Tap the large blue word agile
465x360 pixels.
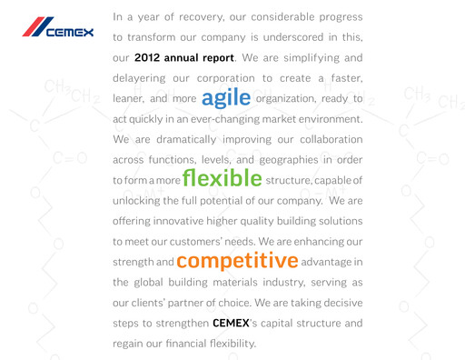226,96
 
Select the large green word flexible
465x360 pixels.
223,176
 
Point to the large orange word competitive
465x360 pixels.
237,260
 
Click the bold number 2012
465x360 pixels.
150,57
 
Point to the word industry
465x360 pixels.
272,282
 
